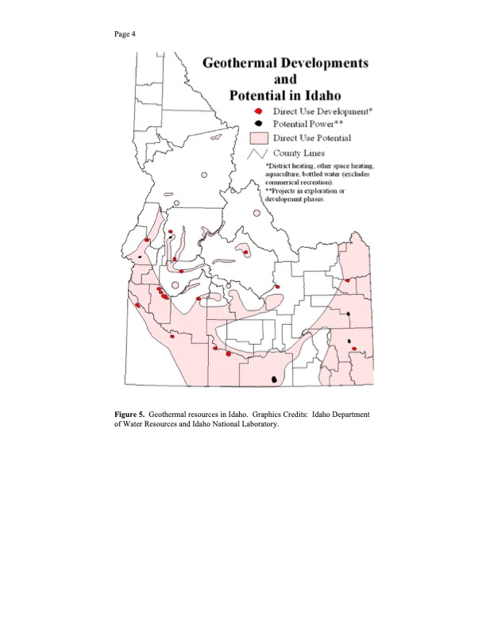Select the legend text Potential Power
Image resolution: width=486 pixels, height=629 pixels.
coord(309,125)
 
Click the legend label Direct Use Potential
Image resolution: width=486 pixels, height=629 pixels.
coord(312,138)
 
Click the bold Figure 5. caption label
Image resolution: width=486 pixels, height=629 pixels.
coord(129,415)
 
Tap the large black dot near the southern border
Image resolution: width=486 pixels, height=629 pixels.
coord(275,380)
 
